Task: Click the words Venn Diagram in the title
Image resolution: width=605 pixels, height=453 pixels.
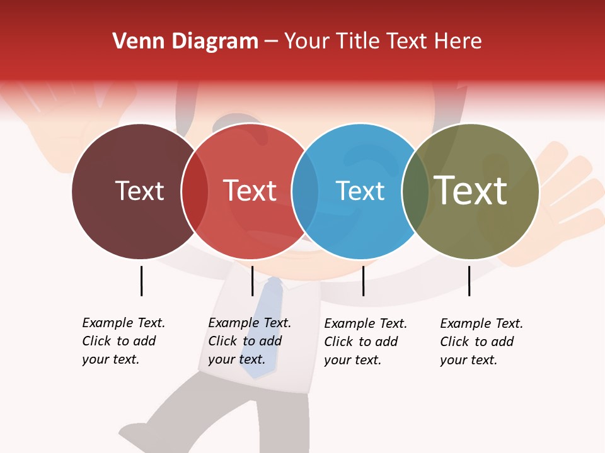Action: [x=185, y=42]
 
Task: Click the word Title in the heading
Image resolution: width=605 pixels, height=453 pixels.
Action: [x=360, y=42]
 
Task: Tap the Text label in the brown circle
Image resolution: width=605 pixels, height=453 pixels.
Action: [x=139, y=191]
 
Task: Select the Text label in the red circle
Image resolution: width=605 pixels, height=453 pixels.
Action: [x=250, y=191]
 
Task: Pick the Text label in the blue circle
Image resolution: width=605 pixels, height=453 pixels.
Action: [x=360, y=191]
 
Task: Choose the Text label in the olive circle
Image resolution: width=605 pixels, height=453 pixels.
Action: [x=471, y=190]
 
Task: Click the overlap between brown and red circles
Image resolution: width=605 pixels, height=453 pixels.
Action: [x=195, y=191]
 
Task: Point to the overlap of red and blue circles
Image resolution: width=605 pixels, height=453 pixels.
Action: [x=305, y=191]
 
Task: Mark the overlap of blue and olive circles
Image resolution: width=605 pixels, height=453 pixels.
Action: [x=415, y=191]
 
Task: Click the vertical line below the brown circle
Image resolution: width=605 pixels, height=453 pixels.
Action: [x=141, y=281]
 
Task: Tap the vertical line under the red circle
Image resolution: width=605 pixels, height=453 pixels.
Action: [x=252, y=281]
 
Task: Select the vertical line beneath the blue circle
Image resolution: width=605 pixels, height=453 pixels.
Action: [x=364, y=281]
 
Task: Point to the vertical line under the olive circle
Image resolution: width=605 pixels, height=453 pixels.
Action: [x=469, y=281]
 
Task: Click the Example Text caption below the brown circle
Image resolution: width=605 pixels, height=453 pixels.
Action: [x=124, y=341]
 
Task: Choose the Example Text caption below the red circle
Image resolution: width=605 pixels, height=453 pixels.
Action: [x=250, y=341]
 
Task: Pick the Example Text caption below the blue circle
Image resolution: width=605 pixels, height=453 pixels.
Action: [x=366, y=342]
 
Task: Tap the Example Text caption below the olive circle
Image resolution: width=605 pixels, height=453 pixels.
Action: [x=481, y=342]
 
